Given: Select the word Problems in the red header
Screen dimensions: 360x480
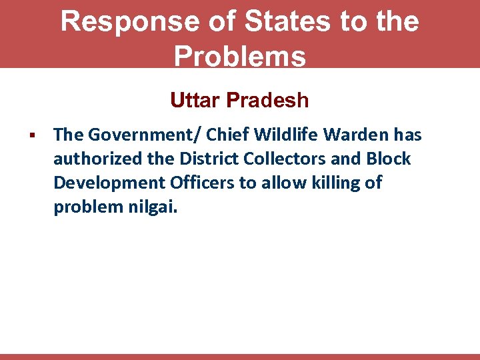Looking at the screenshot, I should coord(240,56).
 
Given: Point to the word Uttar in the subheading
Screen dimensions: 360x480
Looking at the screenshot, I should coord(195,100).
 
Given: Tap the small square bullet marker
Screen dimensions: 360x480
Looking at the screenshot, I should coord(31,136).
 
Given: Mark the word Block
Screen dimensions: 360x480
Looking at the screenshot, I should coord(389,159).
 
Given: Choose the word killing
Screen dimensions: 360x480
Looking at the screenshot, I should coord(335,183).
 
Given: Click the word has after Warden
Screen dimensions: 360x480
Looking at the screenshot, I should coord(407,135).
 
